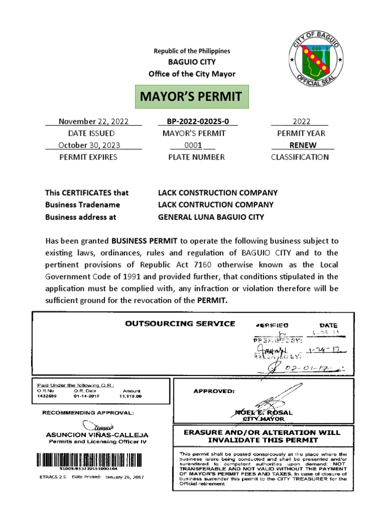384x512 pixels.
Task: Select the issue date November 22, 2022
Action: [93, 121]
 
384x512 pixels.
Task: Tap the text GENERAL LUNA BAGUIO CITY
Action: [211, 217]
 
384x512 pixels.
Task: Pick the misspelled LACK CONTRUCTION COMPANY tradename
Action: [215, 204]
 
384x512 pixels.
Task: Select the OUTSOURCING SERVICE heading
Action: [180, 323]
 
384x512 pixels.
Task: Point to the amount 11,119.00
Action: [131, 395]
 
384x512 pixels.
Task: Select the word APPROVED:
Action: [213, 391]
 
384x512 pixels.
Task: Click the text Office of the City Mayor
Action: [191, 74]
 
